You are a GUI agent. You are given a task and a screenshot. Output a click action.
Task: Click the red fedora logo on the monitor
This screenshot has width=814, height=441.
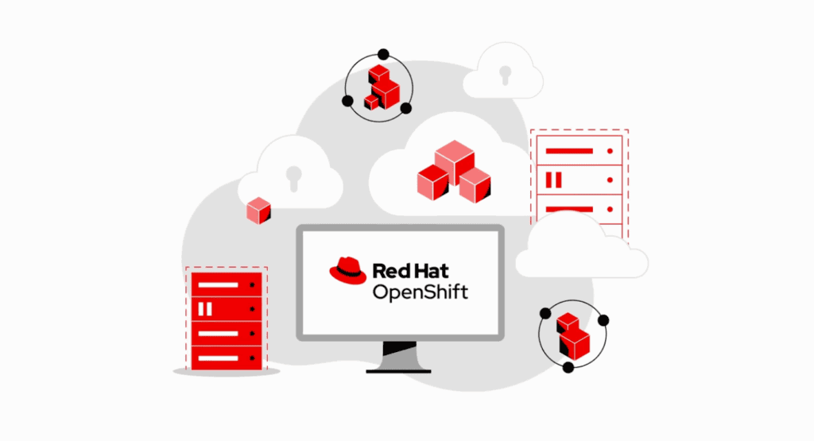348,271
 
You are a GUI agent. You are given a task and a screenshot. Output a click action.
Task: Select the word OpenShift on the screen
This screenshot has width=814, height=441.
421,292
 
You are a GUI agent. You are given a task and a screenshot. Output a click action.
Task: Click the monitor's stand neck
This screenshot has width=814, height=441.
399,355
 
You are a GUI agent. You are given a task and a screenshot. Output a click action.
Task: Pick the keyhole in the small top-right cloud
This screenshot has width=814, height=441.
505,75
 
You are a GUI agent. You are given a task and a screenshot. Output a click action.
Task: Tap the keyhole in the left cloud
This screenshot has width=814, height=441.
294,178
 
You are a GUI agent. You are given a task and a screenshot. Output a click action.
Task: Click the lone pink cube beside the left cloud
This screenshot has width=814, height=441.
258,211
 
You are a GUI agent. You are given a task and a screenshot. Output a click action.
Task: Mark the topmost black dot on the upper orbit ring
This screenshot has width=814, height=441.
383,55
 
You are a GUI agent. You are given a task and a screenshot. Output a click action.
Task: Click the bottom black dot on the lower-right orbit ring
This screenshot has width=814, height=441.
568,367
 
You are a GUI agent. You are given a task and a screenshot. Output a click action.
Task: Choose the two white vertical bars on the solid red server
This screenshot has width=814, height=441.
205,309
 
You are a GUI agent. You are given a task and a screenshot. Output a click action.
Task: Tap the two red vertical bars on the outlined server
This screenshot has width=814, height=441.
554,180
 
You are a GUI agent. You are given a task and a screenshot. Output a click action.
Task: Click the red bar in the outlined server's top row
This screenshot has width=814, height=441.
569,151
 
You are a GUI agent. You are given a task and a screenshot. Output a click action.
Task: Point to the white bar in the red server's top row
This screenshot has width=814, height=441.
218,284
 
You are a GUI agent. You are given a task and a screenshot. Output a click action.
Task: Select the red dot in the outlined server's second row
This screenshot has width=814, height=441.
610,180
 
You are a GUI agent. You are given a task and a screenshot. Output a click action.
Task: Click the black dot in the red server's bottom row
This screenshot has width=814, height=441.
252,358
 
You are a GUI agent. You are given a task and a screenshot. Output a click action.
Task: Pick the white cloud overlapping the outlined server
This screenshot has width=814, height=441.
581,247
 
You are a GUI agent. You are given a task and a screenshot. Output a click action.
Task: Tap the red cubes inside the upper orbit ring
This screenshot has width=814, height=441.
382,87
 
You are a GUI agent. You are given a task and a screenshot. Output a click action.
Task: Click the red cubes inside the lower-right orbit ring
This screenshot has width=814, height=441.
573,336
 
